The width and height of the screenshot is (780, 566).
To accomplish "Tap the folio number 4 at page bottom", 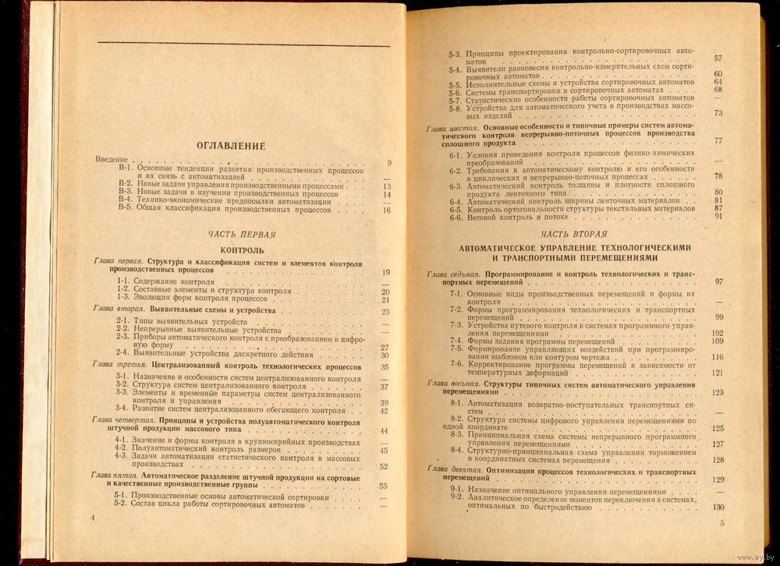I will coord(94,518).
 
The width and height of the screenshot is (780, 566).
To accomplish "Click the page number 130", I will coord(718,508).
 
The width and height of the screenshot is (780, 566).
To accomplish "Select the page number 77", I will coord(718,140).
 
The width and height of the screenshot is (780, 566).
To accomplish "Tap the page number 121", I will coord(718,373).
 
